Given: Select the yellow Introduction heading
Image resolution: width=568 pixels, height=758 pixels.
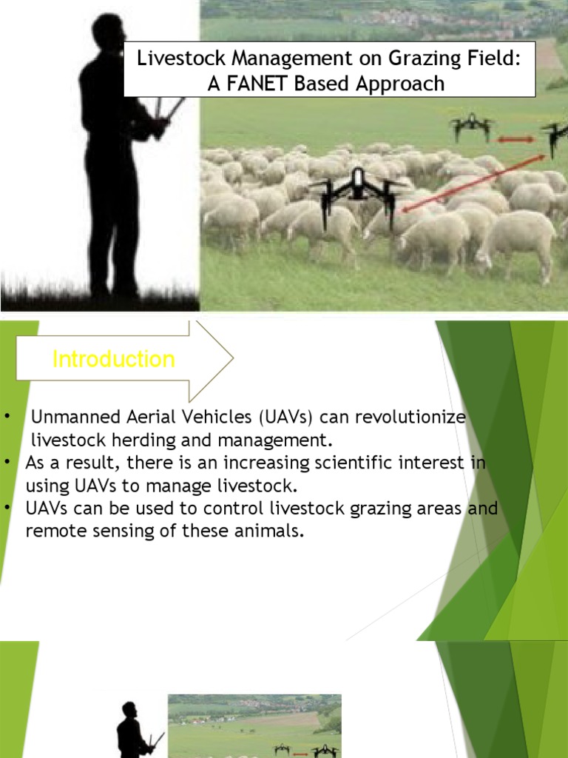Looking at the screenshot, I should [114, 360].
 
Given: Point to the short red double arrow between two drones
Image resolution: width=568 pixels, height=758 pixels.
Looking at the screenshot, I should [515, 138].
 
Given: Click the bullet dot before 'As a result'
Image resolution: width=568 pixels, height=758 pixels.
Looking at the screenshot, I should [7, 463].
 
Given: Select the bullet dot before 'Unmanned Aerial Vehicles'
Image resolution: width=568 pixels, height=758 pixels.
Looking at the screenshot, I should [7, 417].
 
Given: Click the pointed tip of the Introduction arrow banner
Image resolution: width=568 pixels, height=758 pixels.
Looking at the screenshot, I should [232, 360].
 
